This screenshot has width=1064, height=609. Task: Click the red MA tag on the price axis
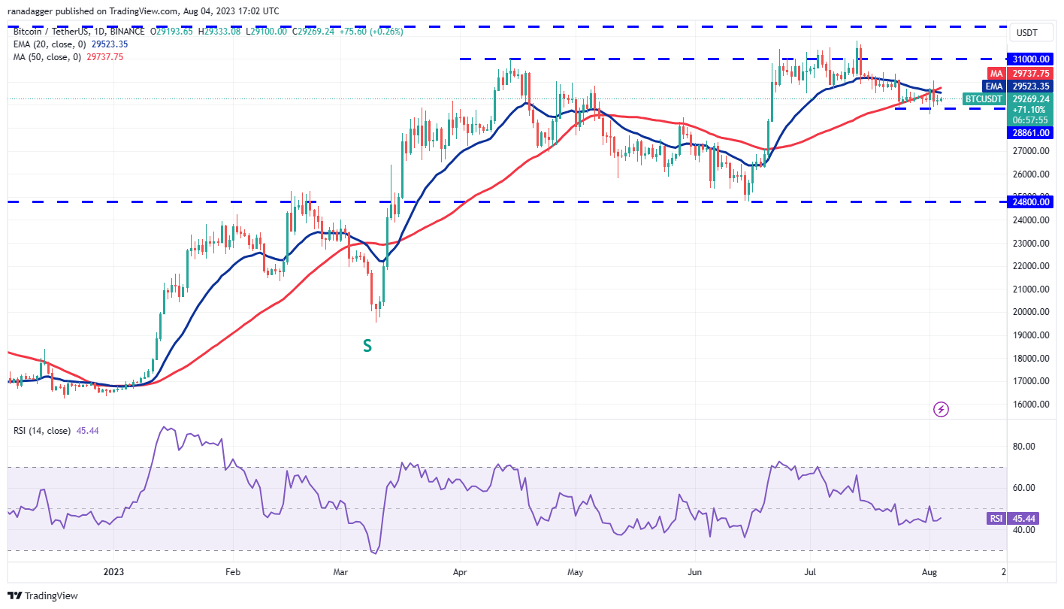pos(996,74)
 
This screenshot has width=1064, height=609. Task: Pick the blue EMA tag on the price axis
pos(996,86)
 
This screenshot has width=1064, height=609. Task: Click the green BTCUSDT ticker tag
pos(984,98)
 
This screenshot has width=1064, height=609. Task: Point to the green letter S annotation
pos(367,345)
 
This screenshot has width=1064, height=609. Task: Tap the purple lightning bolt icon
pos(941,409)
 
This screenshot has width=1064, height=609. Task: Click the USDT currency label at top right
pos(1026,33)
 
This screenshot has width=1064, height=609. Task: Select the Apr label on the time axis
pos(461,572)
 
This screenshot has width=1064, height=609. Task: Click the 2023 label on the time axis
pos(113,572)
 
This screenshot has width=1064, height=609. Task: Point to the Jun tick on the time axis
pos(695,572)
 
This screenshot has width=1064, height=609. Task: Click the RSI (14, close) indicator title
pos(42,431)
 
